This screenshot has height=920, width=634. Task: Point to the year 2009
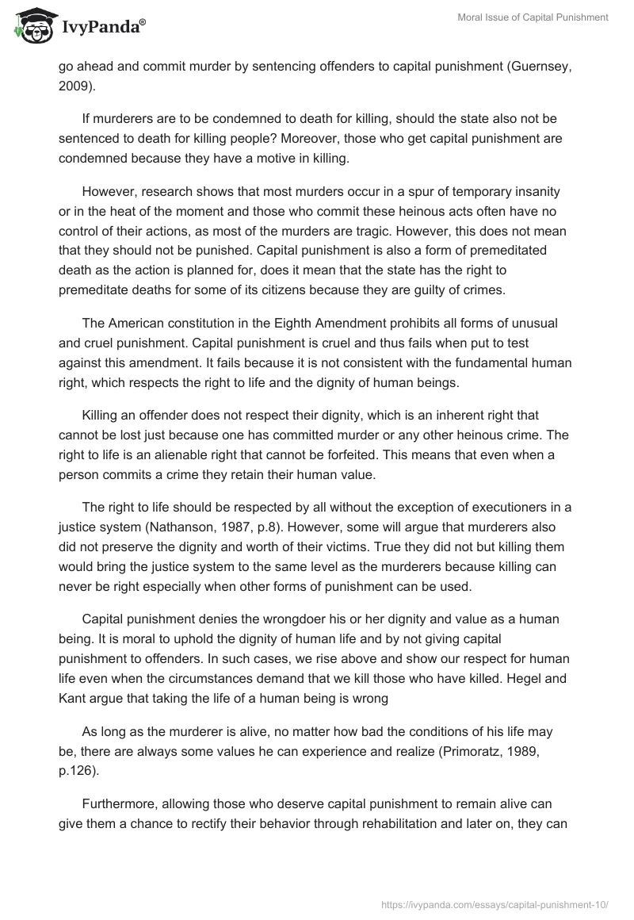coord(73,86)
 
